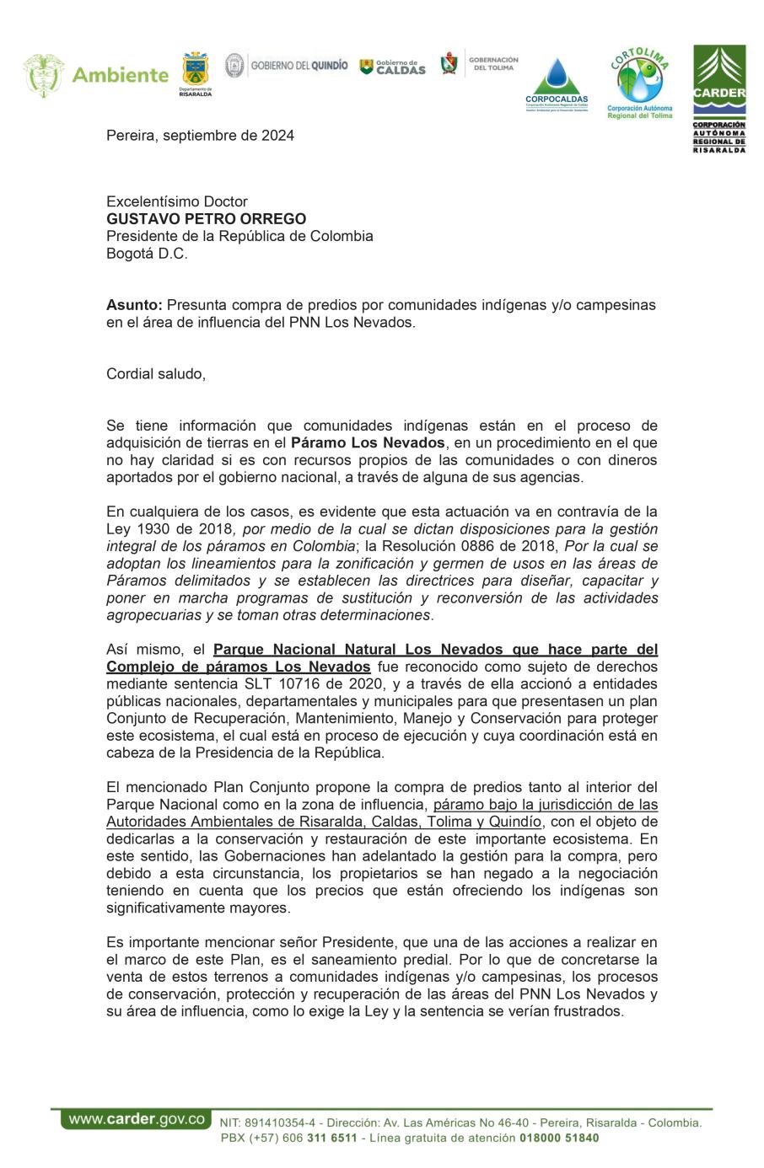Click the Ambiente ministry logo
coord(95,75)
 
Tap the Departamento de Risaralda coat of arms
coord(196,73)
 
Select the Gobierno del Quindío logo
coord(287,65)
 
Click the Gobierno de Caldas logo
coord(392,67)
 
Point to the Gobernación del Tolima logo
coord(479,63)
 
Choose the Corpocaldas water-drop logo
coord(557,85)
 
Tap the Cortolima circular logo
coord(640,83)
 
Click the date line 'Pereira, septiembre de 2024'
coord(200,135)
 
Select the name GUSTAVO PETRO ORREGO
coord(206,219)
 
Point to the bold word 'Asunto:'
coord(134,304)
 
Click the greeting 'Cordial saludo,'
coord(156,373)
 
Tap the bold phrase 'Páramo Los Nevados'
coord(368,442)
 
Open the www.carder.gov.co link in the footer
coord(137,1119)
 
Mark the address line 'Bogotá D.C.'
coord(147,254)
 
